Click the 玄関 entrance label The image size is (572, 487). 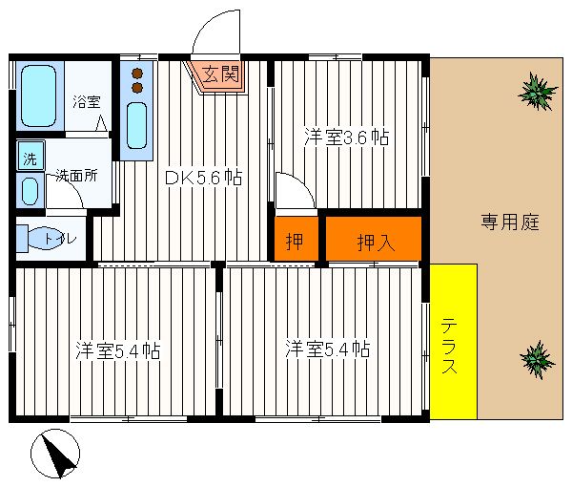(x=221, y=74)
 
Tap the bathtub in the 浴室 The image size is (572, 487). (x=39, y=96)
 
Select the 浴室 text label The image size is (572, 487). (x=87, y=101)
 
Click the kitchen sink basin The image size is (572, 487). (x=136, y=125)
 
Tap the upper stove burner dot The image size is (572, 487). (x=137, y=74)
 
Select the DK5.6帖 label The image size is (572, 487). (x=203, y=178)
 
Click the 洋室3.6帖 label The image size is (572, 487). (x=346, y=137)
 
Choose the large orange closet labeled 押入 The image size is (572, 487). (x=374, y=239)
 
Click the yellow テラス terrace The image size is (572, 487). (x=454, y=341)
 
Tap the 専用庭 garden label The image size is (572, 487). (x=510, y=222)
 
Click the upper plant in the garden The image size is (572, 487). (x=538, y=92)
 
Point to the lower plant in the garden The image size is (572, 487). (x=537, y=359)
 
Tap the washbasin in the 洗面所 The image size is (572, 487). (x=30, y=191)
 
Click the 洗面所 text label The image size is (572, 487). (x=76, y=176)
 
